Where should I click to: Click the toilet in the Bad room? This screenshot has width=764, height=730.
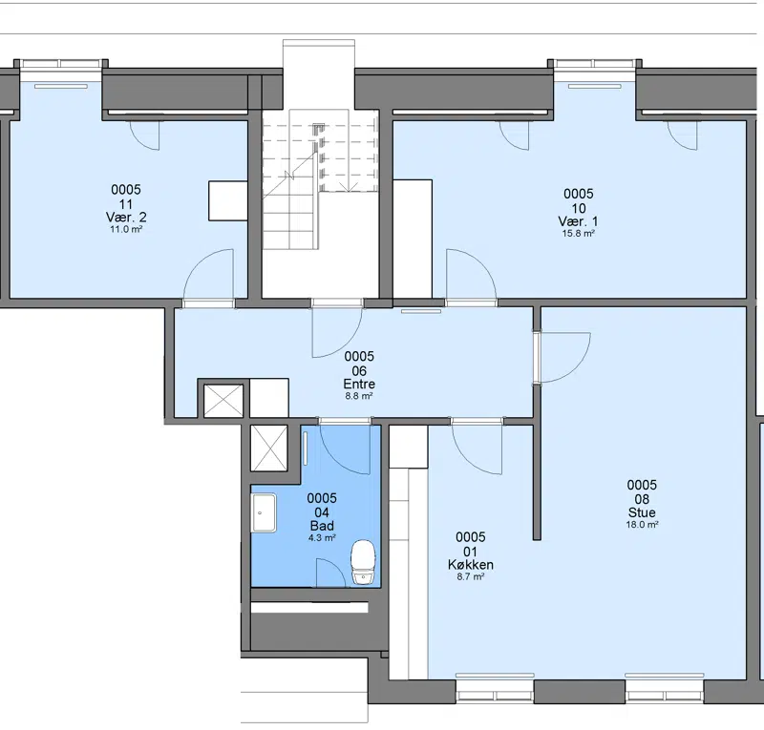[x=364, y=561]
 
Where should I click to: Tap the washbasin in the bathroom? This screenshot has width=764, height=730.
[x=264, y=512]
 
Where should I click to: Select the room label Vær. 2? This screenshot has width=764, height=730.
[x=126, y=218]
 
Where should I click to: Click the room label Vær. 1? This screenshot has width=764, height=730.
[x=579, y=221]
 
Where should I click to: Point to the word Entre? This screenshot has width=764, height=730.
[x=359, y=384]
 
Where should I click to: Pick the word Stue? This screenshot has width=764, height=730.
[x=642, y=512]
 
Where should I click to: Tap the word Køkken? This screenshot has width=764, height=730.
[x=471, y=565]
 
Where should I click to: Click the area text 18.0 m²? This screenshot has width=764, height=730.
[x=642, y=525]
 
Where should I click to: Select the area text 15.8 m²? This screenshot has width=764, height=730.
[x=579, y=233]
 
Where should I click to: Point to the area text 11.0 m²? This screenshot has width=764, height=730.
[x=126, y=229]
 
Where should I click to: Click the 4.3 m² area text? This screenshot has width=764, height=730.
[x=322, y=538]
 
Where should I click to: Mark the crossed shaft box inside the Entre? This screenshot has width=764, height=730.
[x=223, y=400]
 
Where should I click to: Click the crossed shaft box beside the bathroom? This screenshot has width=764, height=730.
[x=269, y=448]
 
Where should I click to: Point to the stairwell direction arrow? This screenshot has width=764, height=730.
[x=348, y=187]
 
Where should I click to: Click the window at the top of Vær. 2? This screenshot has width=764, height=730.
[x=61, y=64]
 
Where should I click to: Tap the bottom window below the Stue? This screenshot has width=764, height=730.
[x=665, y=692]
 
